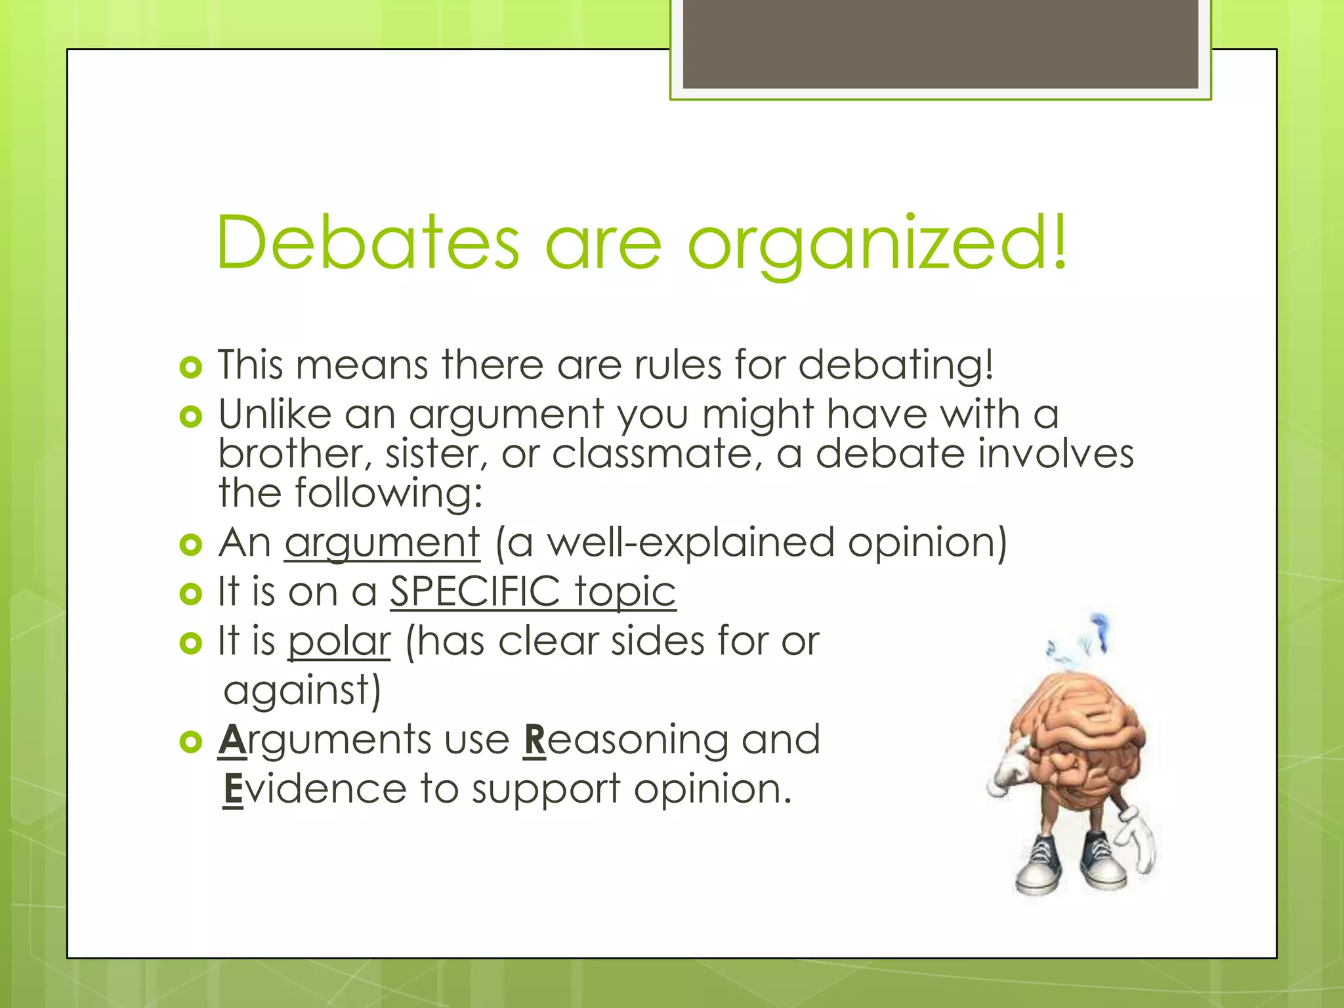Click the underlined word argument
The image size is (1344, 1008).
[x=383, y=543]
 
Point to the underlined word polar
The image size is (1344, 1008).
[x=339, y=641]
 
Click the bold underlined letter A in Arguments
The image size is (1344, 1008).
[x=232, y=740]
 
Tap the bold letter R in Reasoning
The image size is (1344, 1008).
[x=535, y=740]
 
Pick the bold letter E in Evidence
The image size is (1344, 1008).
[x=233, y=789]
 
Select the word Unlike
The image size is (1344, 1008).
[x=275, y=414]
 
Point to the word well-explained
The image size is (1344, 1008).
[x=691, y=543]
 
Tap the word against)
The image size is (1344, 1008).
[x=302, y=691]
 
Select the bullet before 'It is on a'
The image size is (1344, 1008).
[x=190, y=594]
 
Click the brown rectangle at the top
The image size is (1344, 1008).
[x=940, y=44]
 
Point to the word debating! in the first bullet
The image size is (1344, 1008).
[x=896, y=366]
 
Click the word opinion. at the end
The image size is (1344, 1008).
[x=713, y=789]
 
